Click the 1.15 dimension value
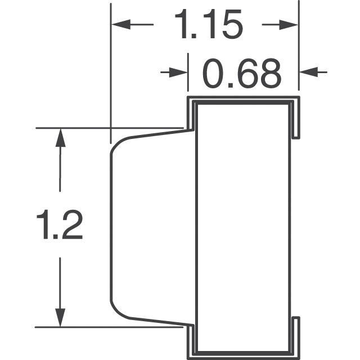[208, 25]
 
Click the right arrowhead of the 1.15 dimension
[289, 24]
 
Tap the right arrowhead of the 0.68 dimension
[306, 72]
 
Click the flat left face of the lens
[110, 225]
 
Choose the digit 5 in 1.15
[231, 25]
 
